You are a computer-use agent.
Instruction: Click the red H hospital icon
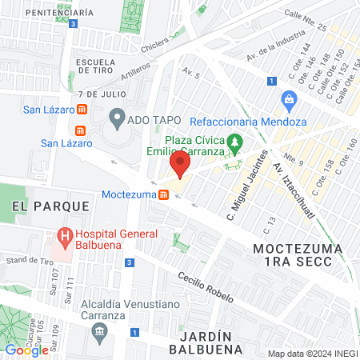coord(65,237)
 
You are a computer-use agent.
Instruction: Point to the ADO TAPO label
coord(147,120)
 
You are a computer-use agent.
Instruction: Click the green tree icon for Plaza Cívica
coord(234,144)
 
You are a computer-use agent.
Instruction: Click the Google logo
coord(26,350)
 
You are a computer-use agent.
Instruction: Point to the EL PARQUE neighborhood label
coord(50,206)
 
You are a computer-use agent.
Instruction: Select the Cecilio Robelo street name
coord(206,286)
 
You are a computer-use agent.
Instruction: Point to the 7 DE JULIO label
coord(93,94)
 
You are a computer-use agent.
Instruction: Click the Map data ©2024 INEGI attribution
coord(311,354)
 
